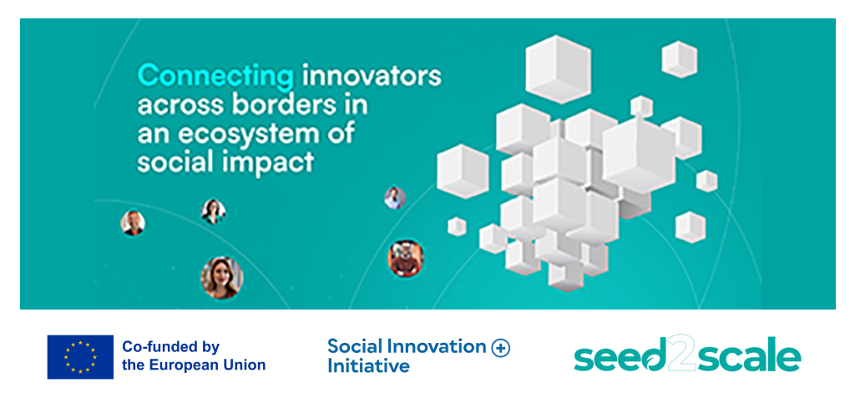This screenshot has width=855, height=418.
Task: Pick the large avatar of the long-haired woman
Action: [x=221, y=278]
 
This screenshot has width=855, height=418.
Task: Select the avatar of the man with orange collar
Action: [x=133, y=223]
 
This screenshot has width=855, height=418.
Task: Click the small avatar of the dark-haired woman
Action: [x=213, y=211]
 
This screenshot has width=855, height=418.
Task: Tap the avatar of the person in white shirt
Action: [x=395, y=198]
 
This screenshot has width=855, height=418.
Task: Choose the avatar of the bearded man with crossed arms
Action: [x=406, y=257]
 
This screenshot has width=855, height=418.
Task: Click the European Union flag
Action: [x=80, y=357]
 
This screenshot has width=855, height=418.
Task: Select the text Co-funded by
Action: [x=170, y=346]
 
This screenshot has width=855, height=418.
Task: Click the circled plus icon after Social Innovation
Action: [x=500, y=348]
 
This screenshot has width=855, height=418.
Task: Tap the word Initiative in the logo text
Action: [x=368, y=365]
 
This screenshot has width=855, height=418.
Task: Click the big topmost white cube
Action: [x=558, y=69]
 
